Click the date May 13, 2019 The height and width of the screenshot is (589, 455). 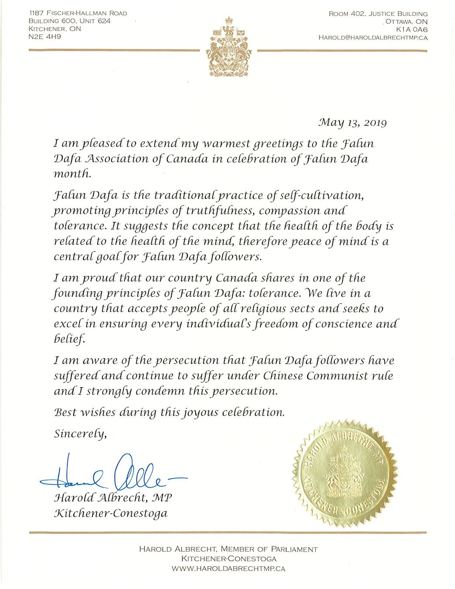[x=353, y=123]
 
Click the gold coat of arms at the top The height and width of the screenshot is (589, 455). [x=229, y=48]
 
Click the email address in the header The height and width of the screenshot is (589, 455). [x=373, y=38]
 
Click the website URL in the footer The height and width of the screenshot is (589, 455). [x=228, y=569]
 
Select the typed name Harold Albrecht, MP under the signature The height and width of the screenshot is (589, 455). [x=115, y=499]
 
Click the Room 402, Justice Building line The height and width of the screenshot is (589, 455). [x=378, y=14]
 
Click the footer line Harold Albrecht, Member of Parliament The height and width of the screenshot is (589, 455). [x=228, y=550]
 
